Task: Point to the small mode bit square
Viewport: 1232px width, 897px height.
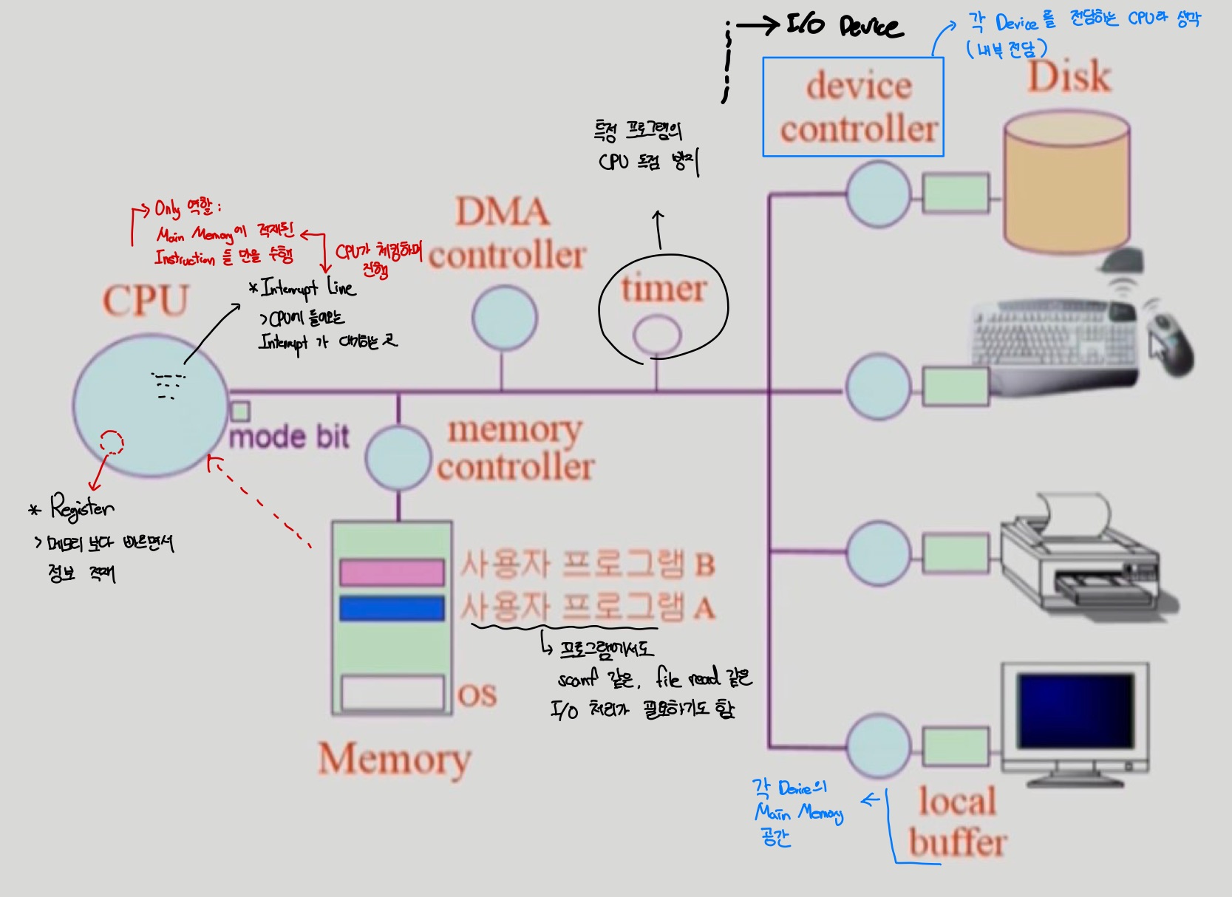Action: tap(240, 412)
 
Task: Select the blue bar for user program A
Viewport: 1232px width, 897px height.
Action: tap(392, 609)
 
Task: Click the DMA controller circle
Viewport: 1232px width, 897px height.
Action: tap(504, 318)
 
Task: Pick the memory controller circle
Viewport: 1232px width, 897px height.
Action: tap(398, 458)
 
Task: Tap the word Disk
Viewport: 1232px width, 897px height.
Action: tap(1069, 76)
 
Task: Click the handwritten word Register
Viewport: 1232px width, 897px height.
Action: tap(82, 508)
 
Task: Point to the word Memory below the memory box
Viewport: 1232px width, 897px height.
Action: tap(395, 760)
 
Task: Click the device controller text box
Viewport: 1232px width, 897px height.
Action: tap(854, 107)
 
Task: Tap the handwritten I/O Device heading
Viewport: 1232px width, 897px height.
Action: tap(843, 27)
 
